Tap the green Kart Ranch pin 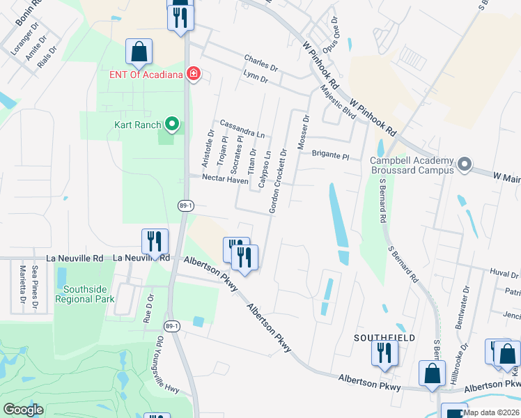(x=172, y=125)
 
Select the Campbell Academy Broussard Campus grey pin (x=465, y=165)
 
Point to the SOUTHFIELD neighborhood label (x=384, y=338)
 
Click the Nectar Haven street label (x=225, y=179)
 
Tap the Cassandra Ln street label (x=242, y=128)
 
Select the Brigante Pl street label (x=330, y=156)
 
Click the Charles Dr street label (x=260, y=63)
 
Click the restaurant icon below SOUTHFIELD (x=384, y=354)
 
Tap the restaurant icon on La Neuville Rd (x=155, y=242)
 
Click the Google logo (x=23, y=410)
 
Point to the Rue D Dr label (x=148, y=307)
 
